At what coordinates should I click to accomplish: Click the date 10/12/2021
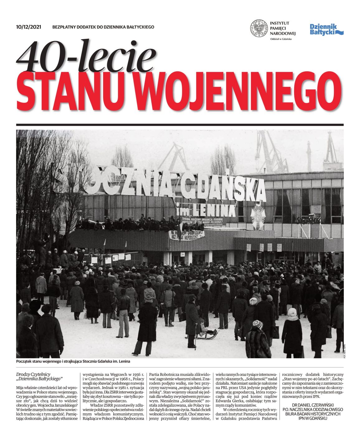(28, 27)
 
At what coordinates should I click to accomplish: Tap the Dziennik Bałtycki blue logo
(326, 30)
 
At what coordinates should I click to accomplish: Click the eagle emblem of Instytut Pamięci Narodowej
(259, 28)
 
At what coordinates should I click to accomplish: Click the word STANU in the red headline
(73, 91)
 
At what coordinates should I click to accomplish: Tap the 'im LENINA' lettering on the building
(205, 210)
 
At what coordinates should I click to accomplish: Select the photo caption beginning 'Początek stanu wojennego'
(73, 362)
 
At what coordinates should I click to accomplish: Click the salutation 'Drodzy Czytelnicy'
(33, 374)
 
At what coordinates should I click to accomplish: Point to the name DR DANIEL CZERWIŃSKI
(313, 405)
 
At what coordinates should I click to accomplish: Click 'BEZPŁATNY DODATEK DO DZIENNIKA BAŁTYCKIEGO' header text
(103, 27)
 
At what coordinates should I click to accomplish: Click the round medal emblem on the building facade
(258, 217)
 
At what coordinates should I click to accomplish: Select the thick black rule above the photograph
(180, 125)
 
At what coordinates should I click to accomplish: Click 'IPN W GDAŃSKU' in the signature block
(313, 418)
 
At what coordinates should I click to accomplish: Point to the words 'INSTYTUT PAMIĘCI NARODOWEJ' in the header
(282, 28)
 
